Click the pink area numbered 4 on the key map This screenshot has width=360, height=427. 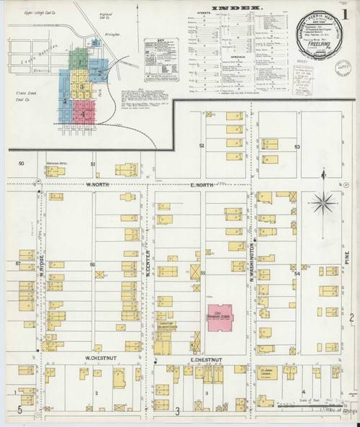tap(86, 114)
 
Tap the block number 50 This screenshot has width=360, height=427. tap(22, 164)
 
